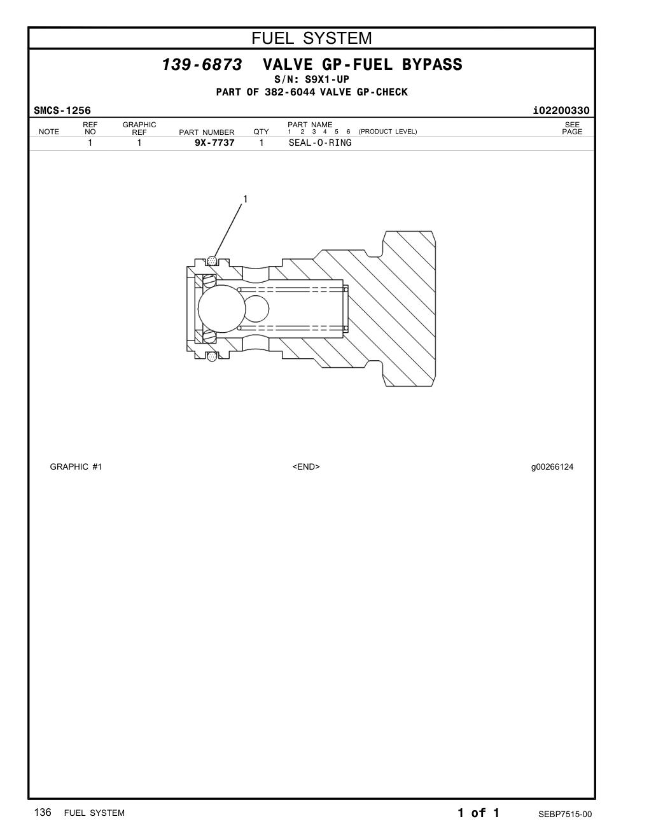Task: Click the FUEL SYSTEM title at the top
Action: (312, 38)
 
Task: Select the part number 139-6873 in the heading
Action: (202, 64)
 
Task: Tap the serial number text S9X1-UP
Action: (327, 80)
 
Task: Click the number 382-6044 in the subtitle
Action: (290, 92)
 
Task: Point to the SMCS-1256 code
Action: (62, 111)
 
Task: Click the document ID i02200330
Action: (561, 111)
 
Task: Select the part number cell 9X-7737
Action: (214, 143)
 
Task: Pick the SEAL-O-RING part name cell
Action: (320, 143)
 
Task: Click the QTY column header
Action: (261, 132)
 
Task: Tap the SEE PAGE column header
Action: (572, 129)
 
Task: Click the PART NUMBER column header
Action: (206, 132)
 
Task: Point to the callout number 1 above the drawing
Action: (245, 199)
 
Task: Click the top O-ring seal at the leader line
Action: (211, 262)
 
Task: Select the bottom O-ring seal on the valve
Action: (211, 356)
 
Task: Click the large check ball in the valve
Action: (222, 309)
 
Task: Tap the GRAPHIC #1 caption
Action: (76, 466)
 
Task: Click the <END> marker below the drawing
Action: (306, 466)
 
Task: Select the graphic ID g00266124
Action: (552, 467)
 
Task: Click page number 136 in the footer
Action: (43, 813)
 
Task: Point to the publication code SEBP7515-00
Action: (565, 815)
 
